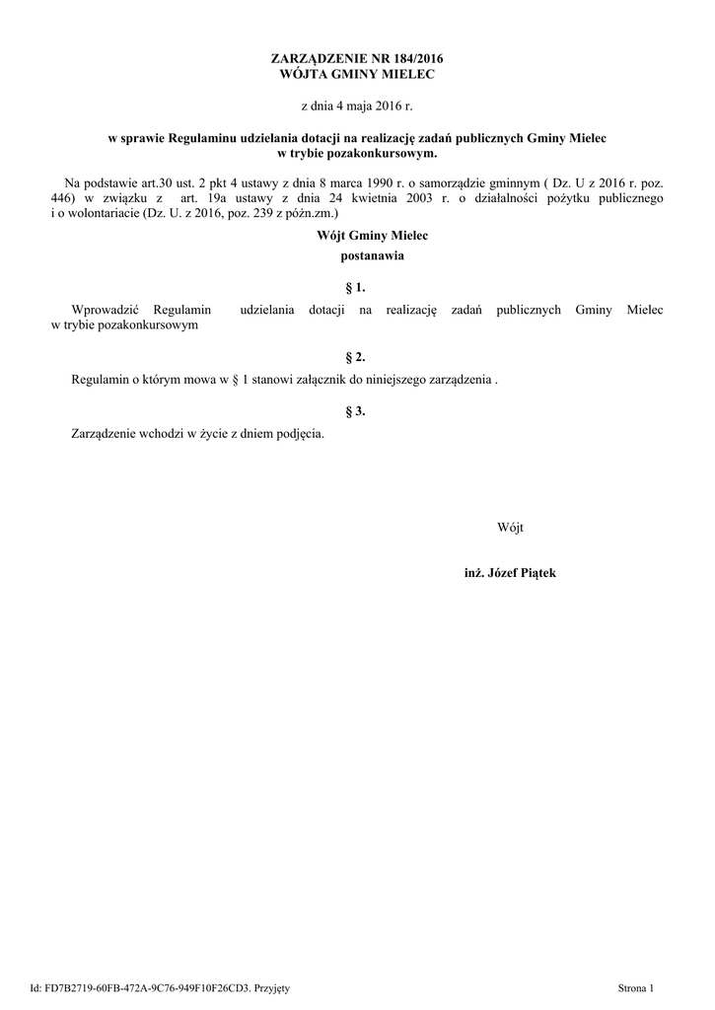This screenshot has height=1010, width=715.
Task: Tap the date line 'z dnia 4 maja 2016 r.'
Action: coord(357,105)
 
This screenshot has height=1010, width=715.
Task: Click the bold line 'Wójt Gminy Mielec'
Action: coord(358,236)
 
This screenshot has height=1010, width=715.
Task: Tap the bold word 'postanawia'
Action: coord(357,256)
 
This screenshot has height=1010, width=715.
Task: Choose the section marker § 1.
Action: coord(357,288)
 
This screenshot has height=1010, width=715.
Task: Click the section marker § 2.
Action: coord(357,356)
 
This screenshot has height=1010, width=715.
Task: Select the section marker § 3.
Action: coord(357,410)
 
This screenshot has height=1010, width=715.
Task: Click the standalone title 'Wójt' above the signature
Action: coord(510,528)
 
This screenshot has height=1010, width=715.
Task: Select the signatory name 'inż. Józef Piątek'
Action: coord(510,573)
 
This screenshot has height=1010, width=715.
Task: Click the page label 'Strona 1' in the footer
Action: coord(635,987)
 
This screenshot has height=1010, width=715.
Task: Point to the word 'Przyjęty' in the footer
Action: coord(270,987)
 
